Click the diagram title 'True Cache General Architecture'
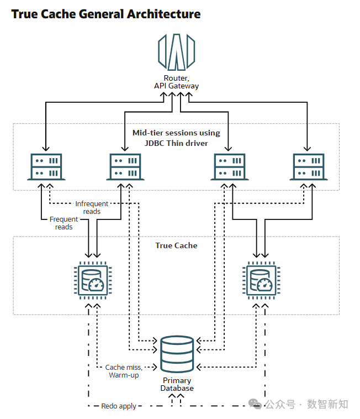[105, 14]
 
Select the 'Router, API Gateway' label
[176, 82]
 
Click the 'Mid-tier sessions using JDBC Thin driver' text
[176, 138]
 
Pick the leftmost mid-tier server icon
[46, 166]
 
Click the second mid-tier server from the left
[124, 166]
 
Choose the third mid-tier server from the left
[229, 166]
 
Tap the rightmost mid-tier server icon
[306, 166]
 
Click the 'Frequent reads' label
[63, 223]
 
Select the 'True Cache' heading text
[176, 245]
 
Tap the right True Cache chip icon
[259, 280]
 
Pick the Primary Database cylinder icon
[177, 354]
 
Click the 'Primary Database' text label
[177, 384]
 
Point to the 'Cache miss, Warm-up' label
[124, 371]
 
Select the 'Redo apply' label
[119, 406]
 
